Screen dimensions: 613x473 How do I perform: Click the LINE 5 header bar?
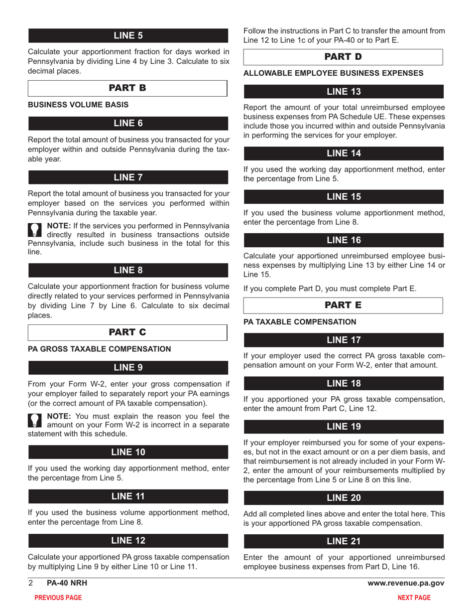coord(128,35)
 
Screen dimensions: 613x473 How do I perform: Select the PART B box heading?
coord(127,88)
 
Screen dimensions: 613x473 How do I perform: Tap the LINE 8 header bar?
coord(128,270)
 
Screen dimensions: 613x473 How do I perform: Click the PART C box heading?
coord(127,332)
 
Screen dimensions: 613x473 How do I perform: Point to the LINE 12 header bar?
coord(128,541)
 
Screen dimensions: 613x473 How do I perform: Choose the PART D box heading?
coord(343,57)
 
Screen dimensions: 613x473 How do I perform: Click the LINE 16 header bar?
coord(344,240)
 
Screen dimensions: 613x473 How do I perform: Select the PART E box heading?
coord(343,305)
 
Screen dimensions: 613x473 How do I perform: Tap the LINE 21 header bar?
coord(344,541)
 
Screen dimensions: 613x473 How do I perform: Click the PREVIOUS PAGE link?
coord(58,598)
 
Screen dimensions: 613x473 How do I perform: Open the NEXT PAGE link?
coord(414,598)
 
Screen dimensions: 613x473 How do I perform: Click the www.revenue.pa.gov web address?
coord(406,583)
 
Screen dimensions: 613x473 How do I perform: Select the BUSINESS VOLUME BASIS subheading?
coord(78,105)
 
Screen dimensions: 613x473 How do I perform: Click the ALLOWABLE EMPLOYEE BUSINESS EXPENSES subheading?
coord(333,73)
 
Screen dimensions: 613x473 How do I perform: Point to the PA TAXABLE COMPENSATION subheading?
coord(300,322)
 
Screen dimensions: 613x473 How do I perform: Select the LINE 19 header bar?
coord(344,427)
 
